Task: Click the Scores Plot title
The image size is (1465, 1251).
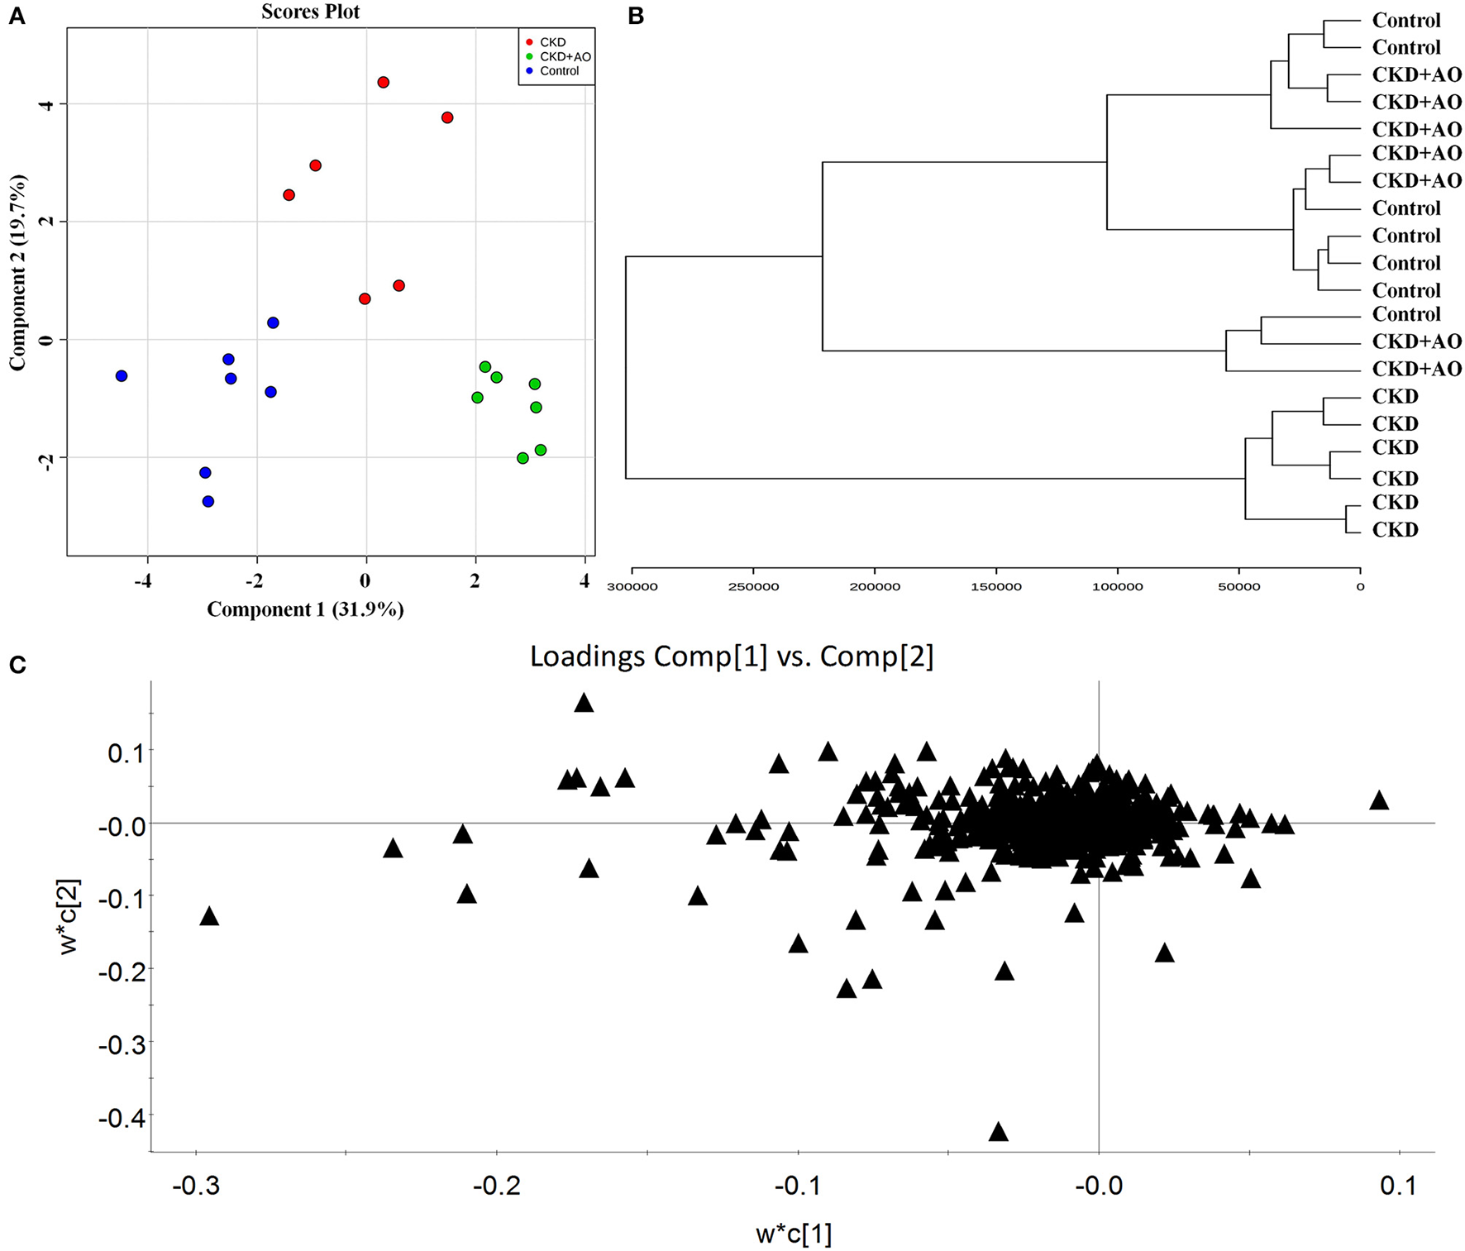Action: [310, 12]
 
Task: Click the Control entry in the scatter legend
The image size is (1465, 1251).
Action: [559, 71]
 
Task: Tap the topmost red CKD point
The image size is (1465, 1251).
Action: [383, 83]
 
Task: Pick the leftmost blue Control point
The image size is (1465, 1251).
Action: [122, 376]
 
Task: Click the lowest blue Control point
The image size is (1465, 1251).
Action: [208, 502]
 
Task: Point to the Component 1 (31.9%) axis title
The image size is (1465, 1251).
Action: [305, 610]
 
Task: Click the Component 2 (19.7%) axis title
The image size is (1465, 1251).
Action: [18, 272]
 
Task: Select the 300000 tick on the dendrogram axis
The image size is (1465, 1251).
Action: [632, 587]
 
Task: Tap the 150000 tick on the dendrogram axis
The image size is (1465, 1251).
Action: [996, 587]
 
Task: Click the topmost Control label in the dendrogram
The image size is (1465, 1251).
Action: [1405, 20]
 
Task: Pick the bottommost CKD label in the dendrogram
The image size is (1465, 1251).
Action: [1395, 530]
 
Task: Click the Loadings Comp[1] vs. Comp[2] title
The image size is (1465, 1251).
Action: [731, 657]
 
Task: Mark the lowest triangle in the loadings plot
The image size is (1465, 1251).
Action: [999, 1132]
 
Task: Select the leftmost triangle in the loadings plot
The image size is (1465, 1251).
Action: [209, 916]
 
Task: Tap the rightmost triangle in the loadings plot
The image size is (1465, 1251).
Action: [1378, 800]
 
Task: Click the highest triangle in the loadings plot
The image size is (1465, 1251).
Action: [584, 703]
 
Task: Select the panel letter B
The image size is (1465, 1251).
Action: [636, 17]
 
